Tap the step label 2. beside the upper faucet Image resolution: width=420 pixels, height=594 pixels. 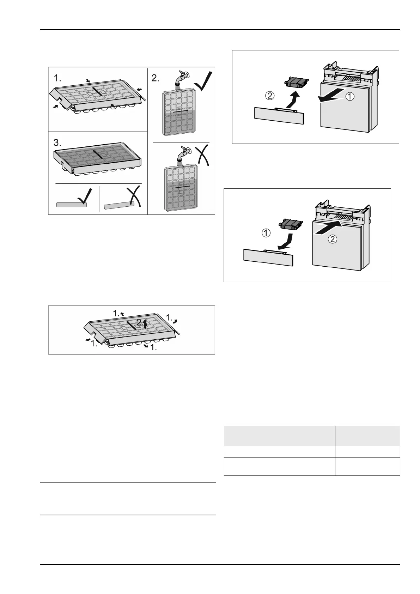[x=155, y=78]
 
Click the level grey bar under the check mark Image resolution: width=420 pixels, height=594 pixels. [x=72, y=205]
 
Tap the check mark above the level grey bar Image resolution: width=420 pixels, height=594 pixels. [x=86, y=196]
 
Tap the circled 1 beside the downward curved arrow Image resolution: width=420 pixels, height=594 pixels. [x=266, y=233]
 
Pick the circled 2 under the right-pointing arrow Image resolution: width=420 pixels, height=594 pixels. [x=332, y=239]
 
